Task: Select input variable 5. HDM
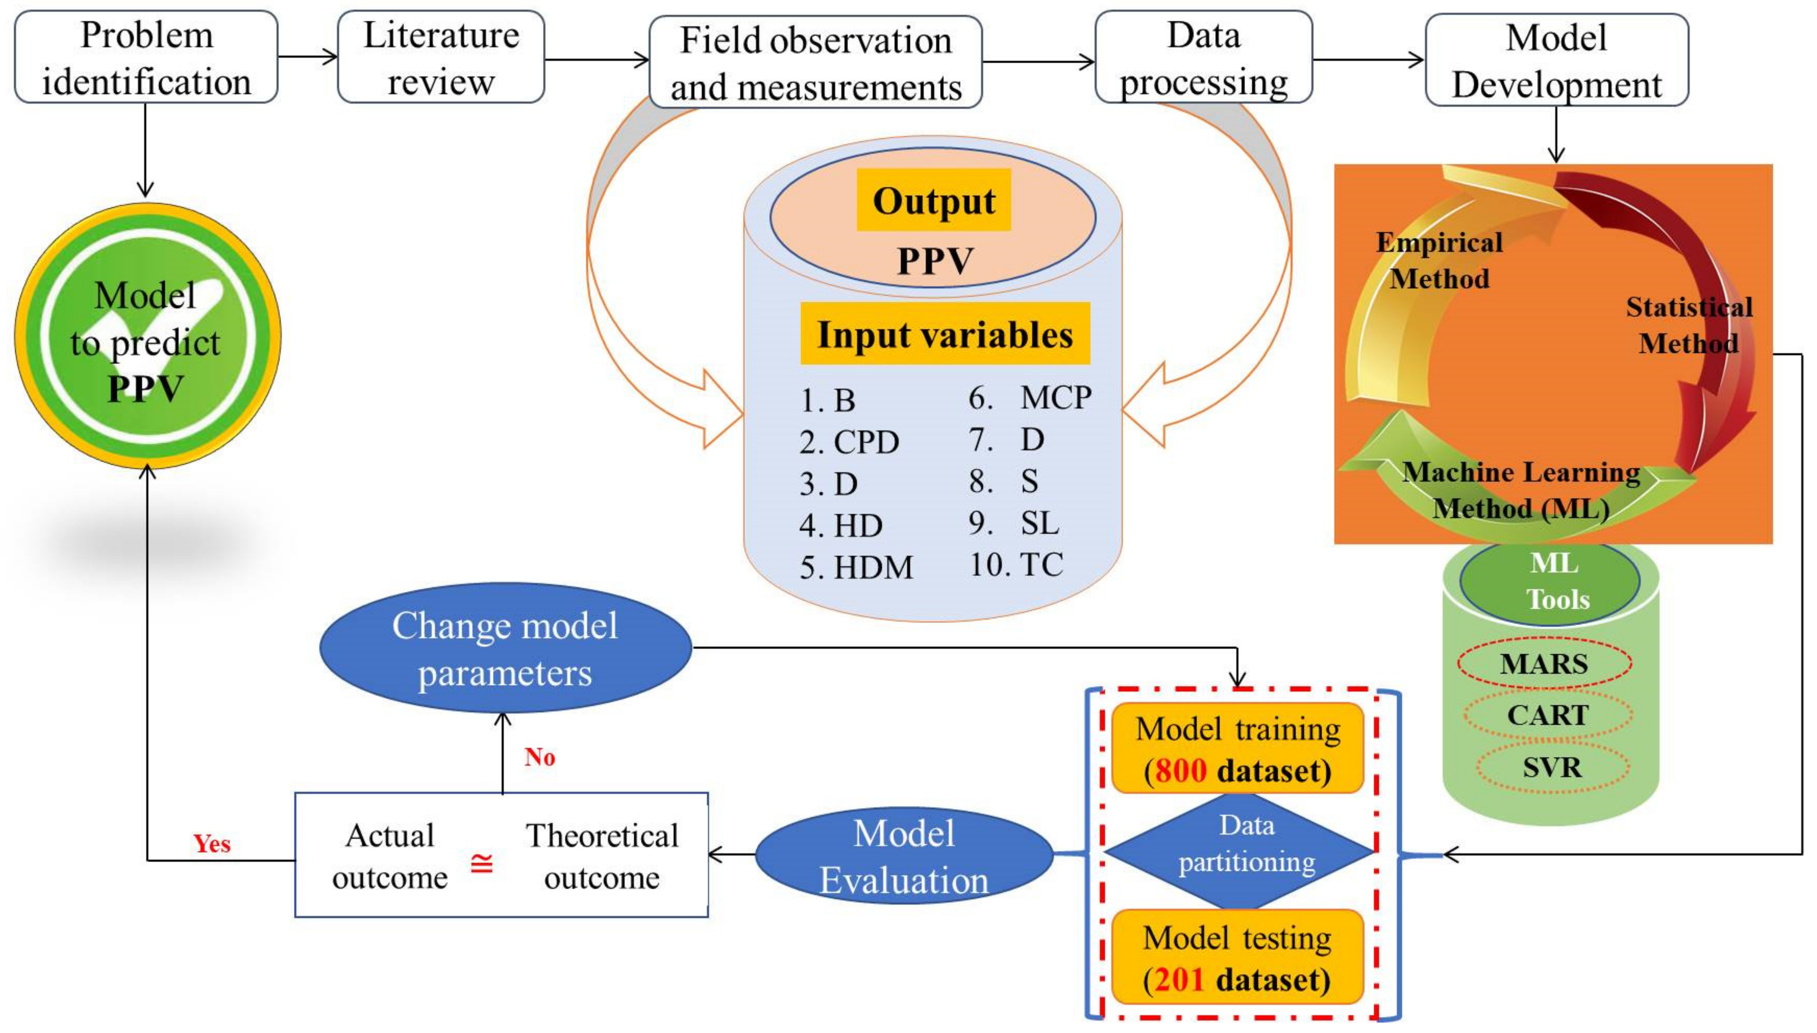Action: (856, 567)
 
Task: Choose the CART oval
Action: (1547, 715)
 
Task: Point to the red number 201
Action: (1179, 979)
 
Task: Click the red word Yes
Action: (212, 843)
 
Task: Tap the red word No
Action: (539, 757)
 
